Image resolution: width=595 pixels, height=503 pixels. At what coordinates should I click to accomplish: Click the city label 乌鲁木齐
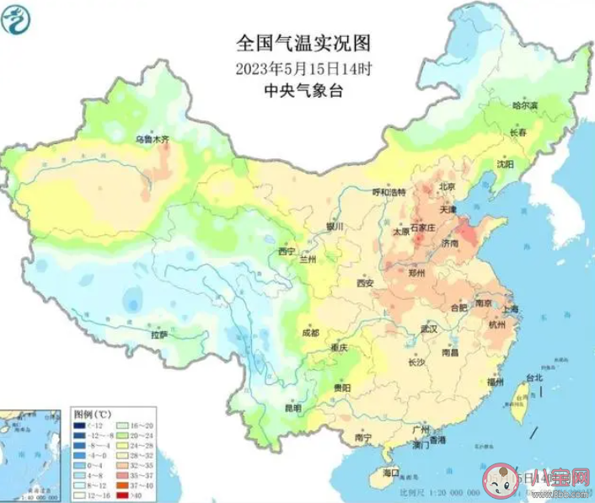153,138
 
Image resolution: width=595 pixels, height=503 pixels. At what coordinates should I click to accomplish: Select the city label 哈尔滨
525,106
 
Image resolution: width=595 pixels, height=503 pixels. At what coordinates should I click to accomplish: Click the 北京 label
445,187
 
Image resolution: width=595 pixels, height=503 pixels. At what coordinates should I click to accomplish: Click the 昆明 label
292,409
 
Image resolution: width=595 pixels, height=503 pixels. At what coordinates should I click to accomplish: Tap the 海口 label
389,474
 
